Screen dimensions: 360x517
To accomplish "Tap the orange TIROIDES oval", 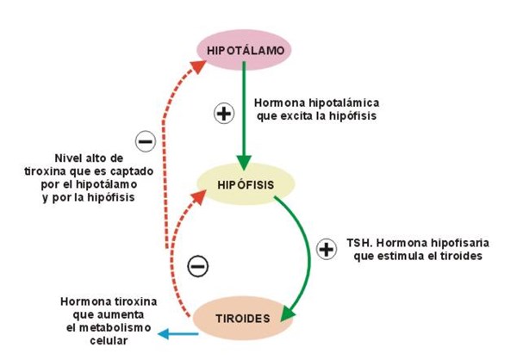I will pos(242,318).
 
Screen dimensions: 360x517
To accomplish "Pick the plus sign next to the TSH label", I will pos(327,250).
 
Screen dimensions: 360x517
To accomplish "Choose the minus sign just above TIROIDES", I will pos(197,266).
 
